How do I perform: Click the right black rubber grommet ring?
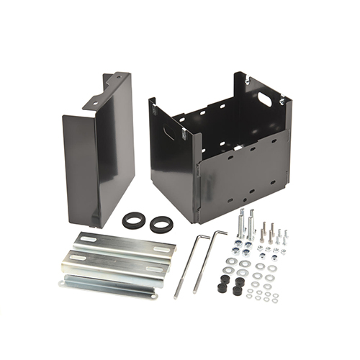161,224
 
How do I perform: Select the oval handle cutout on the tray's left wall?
168,132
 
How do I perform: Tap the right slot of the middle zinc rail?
156,269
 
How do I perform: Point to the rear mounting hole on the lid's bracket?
117,76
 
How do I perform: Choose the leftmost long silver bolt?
241,222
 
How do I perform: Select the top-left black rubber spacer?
223,277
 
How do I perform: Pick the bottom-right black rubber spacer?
237,291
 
